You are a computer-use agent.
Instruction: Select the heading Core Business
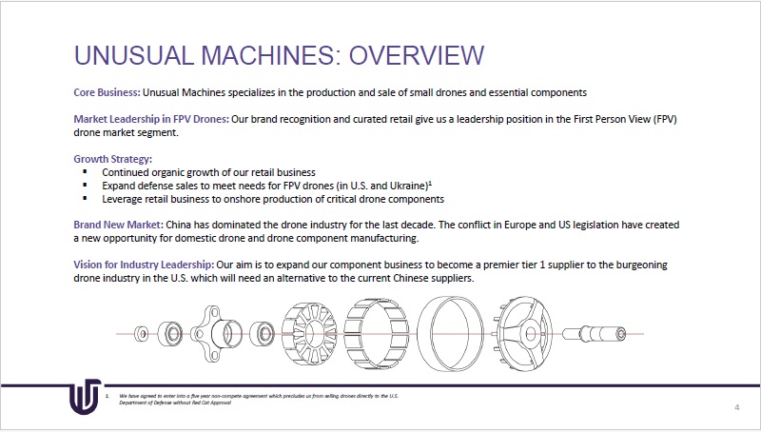point(107,92)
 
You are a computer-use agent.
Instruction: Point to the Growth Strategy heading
point(112,158)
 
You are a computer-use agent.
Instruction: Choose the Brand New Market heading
point(117,225)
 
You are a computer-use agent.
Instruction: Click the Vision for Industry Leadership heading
point(143,264)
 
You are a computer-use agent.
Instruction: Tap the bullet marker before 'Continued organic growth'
point(85,171)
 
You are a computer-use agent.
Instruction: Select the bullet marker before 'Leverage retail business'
point(85,199)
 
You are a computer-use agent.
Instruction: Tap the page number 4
point(737,407)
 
